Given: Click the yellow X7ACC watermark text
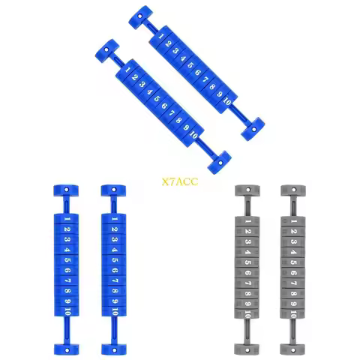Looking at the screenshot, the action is coord(180,181).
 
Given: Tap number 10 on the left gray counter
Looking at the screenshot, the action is coord(248,313).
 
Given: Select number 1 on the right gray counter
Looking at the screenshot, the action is coord(294,221).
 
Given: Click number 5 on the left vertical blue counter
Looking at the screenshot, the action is coord(67,260).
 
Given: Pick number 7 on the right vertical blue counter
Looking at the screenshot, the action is coord(115,280).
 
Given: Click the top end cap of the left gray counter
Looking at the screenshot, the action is coord(247,190).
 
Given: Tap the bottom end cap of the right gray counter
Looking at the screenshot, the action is coord(292,349).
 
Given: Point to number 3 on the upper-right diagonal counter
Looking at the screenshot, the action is coord(175,51).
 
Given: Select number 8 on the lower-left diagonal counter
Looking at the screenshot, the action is coord(178,120).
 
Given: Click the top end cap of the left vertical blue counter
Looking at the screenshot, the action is coord(66,190).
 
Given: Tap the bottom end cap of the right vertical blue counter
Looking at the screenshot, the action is coord(114,349).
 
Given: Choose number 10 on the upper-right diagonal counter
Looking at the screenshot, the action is coord(227,101).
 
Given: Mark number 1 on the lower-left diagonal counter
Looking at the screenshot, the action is coord(127,70).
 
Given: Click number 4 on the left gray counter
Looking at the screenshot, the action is coord(248,252).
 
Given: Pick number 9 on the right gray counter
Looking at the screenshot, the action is coord(294,304).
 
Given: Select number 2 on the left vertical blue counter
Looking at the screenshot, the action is coord(67,229).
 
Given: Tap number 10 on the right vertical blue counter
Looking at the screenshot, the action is coord(115,311).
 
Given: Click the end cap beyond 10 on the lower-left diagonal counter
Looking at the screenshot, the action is coord(220,163).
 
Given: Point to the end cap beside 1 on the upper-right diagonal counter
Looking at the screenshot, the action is coord(141,17).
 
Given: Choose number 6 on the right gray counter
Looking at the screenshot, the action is coord(294,273).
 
